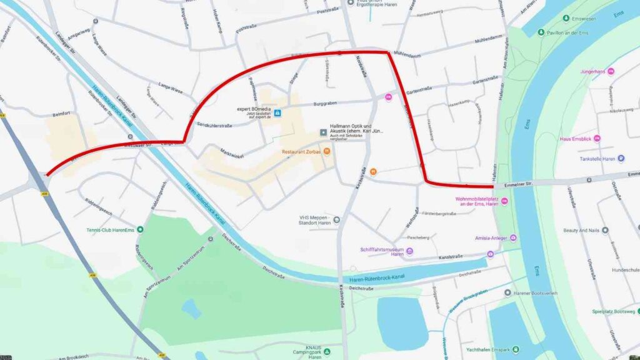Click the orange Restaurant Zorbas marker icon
327,151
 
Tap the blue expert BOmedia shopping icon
277,113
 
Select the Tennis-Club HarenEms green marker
141,229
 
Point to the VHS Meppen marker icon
336,219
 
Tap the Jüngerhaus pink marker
611,71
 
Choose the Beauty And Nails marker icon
604,230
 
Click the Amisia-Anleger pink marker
513,238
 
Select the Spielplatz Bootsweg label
613,311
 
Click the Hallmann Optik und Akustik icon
323,132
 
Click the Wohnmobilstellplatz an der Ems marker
505,201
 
